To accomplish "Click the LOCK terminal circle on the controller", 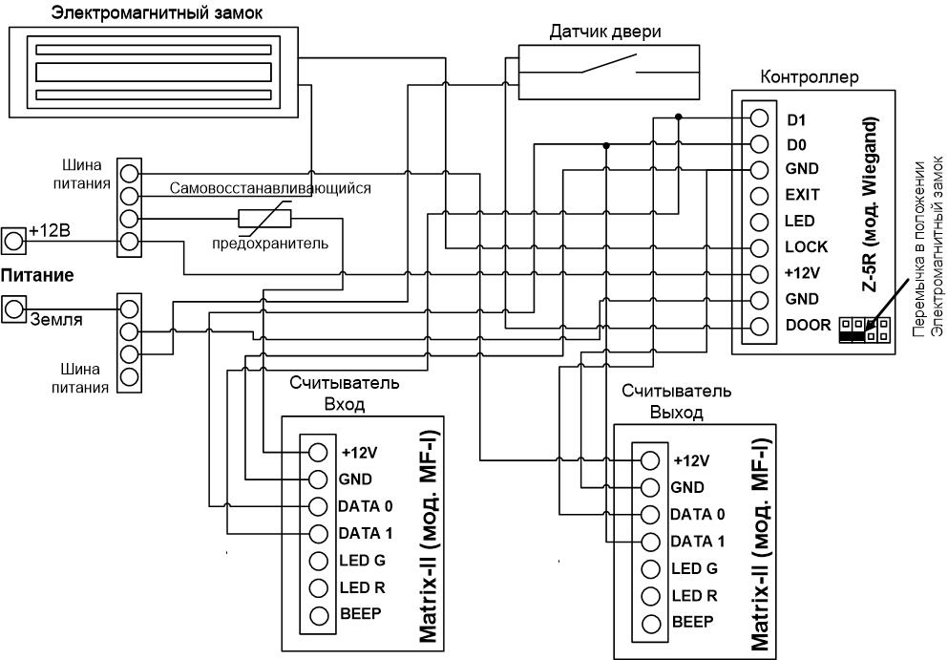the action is point(759,248).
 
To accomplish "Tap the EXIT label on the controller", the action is point(802,195).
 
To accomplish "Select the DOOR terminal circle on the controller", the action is point(759,326).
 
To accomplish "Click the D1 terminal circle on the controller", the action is point(759,118).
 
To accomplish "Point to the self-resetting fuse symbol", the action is point(264,219).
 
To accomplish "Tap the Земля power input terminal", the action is point(13,309).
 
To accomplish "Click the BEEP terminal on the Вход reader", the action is point(318,615).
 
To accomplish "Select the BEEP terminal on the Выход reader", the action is point(650,623).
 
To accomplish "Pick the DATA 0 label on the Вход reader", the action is point(366,506).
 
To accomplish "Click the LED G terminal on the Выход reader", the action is point(650,568).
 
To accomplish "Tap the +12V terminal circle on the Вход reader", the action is point(318,452).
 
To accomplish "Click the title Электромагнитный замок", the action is point(158,12).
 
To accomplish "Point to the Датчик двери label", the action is point(605,32).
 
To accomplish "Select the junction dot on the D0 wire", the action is point(606,145).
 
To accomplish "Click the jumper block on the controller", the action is point(864,330).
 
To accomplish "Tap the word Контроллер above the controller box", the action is point(809,76).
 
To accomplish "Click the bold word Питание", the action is point(37,276).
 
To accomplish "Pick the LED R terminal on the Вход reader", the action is point(318,587).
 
